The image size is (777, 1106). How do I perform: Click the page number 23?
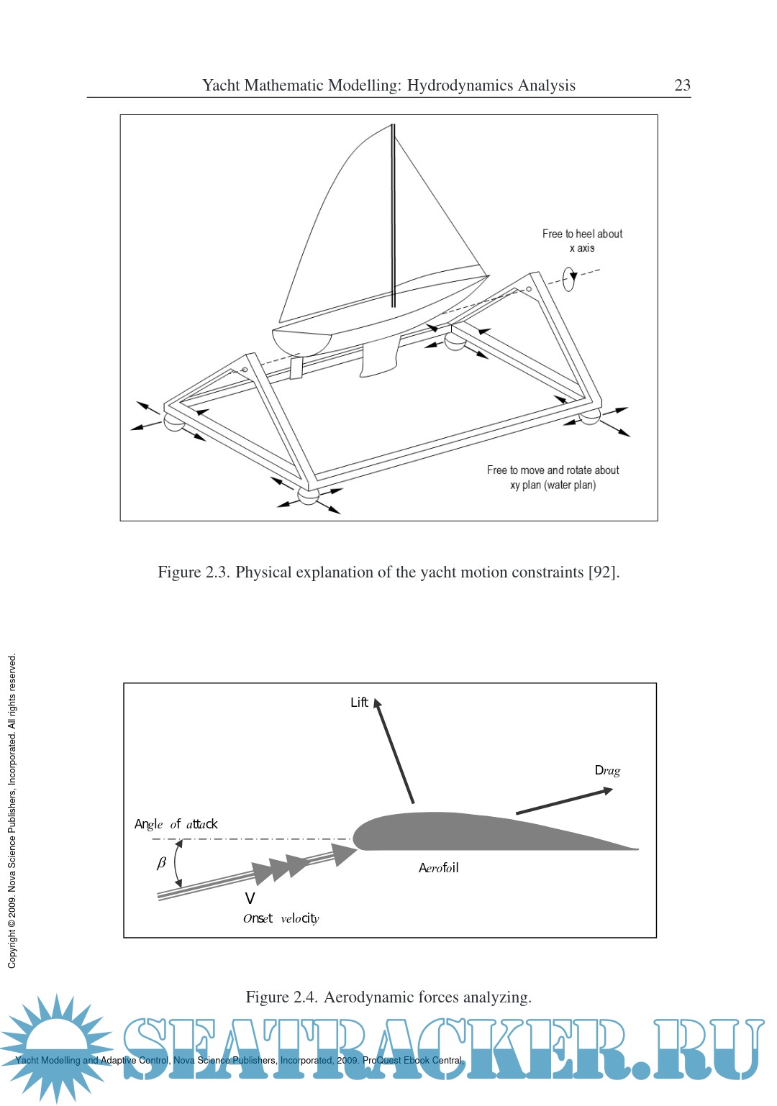pos(682,86)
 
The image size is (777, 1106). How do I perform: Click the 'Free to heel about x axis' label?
pos(582,241)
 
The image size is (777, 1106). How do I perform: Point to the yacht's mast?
pos(393,216)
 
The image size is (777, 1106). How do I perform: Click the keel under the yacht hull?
pos(378,359)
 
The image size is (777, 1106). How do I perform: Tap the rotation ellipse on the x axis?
pos(569,279)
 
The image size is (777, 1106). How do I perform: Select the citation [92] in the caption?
pos(603,572)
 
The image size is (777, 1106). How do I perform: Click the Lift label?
pos(359,703)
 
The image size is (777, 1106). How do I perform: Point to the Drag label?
pos(607,771)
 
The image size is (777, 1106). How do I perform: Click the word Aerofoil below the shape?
pos(438,868)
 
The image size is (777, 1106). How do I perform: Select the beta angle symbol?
pos(161,863)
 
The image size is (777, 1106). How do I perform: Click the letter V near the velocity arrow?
pos(250,898)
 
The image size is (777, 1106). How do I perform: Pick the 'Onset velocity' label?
pos(281,918)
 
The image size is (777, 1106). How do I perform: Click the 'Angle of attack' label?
pos(176,824)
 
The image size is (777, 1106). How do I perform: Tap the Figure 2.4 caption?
pos(388,997)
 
